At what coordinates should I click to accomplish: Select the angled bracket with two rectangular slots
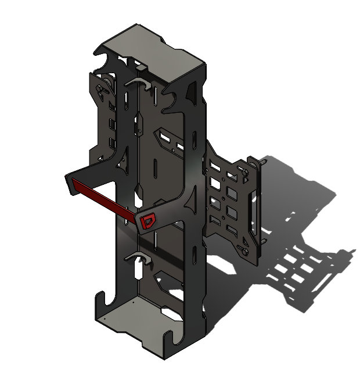pos(169,139)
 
